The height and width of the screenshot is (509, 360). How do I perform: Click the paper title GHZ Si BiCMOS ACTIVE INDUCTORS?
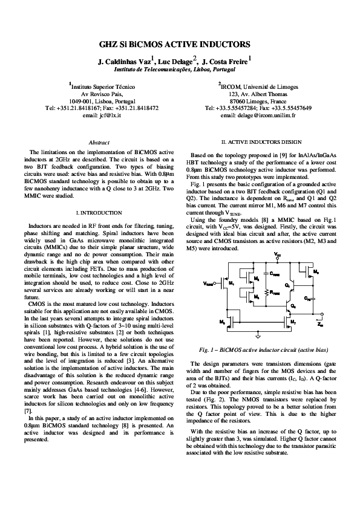(180, 45)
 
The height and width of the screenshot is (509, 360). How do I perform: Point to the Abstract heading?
(99, 141)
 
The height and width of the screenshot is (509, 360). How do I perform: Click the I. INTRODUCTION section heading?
(98, 213)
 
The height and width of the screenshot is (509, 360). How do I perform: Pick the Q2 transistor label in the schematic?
(293, 306)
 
